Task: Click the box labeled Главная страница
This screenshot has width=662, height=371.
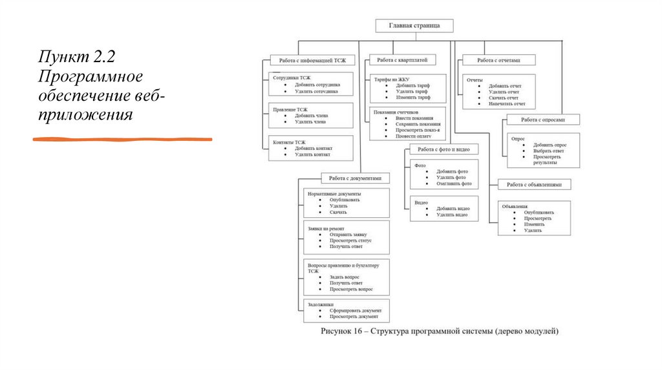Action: [414, 26]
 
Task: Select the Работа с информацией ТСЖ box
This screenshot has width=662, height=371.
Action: [312, 60]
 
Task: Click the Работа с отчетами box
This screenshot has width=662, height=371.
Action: [498, 60]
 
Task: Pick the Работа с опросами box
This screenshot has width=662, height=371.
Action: [542, 120]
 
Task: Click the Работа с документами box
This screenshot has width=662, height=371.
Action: [355, 178]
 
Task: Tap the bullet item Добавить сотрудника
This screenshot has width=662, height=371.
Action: [317, 85]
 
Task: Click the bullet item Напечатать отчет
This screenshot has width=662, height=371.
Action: [507, 103]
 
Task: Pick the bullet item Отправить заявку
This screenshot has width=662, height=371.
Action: [348, 235]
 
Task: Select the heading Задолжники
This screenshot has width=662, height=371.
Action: [321, 304]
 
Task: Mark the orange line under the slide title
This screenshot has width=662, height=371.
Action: [123, 139]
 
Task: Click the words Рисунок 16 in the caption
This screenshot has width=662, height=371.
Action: [343, 332]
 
